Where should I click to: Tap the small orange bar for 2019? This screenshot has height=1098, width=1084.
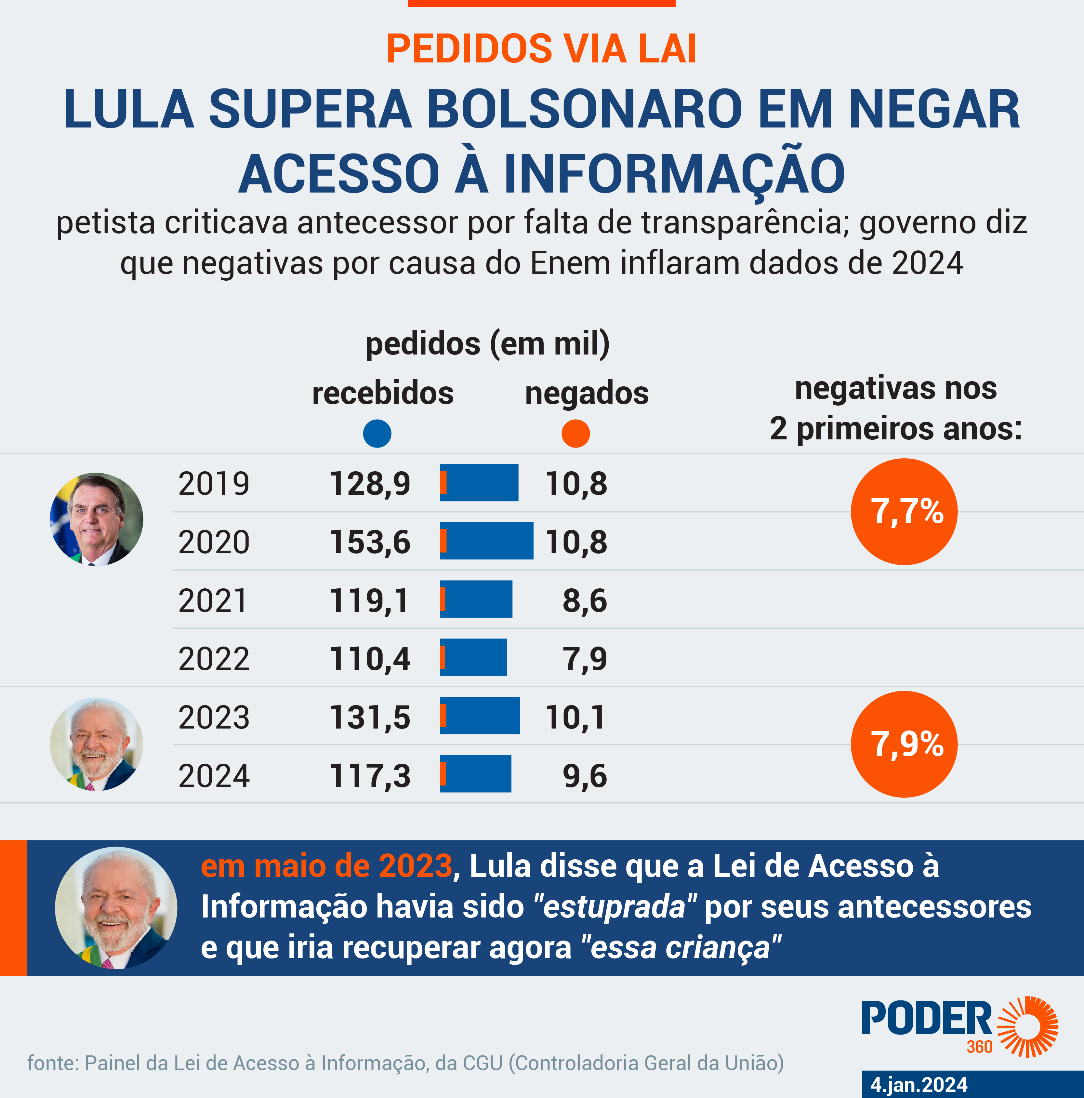click(x=443, y=483)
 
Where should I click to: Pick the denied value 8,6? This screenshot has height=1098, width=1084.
click(x=585, y=601)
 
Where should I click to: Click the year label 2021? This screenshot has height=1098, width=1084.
click(x=213, y=601)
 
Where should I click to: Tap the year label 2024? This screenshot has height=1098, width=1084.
click(x=214, y=776)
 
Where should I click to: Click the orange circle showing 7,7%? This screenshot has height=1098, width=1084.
click(x=904, y=512)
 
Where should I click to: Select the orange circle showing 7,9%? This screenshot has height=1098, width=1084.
click(x=904, y=744)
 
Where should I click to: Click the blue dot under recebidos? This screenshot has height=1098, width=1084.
click(x=377, y=434)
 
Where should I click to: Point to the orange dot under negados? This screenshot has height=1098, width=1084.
click(x=575, y=434)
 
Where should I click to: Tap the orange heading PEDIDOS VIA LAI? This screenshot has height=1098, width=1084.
click(x=541, y=49)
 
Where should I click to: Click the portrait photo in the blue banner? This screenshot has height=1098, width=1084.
click(x=116, y=908)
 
